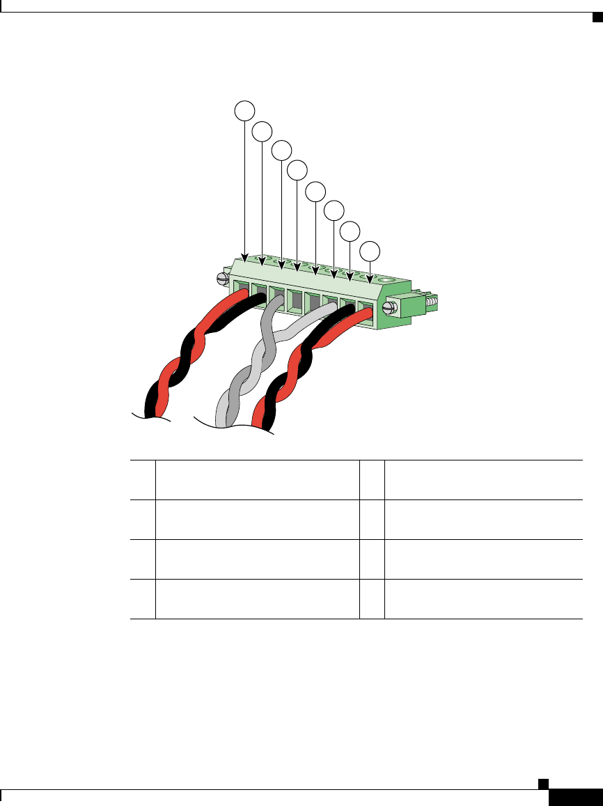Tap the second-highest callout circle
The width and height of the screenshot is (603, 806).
tap(262, 130)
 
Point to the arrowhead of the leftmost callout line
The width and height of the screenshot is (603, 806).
tap(244, 256)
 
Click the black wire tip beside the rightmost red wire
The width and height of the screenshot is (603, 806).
tap(346, 311)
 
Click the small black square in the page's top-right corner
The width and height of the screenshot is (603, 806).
tap(596, 17)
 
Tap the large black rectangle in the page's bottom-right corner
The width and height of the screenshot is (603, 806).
tap(575, 798)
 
